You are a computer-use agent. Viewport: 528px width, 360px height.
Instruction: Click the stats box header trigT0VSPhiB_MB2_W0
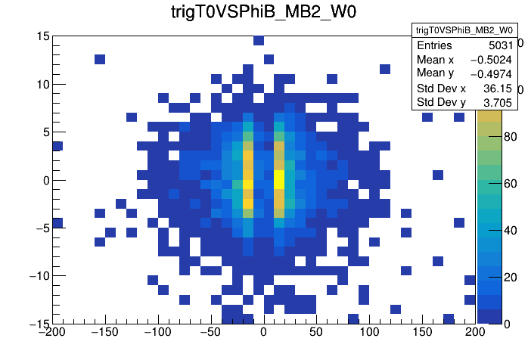click(464, 30)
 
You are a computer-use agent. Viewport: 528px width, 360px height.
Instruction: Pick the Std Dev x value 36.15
click(498, 88)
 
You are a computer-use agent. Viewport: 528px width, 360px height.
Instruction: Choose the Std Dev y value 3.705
click(498, 101)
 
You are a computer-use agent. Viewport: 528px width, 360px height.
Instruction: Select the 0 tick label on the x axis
click(263, 332)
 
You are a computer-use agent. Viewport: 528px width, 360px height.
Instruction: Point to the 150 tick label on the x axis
click(422, 332)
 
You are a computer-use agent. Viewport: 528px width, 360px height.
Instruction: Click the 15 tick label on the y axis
click(43, 36)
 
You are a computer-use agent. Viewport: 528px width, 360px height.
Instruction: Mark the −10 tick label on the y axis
click(38, 276)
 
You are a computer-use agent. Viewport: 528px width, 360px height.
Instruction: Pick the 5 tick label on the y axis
click(46, 132)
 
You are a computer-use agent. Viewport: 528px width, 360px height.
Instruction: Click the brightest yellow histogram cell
click(278, 179)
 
